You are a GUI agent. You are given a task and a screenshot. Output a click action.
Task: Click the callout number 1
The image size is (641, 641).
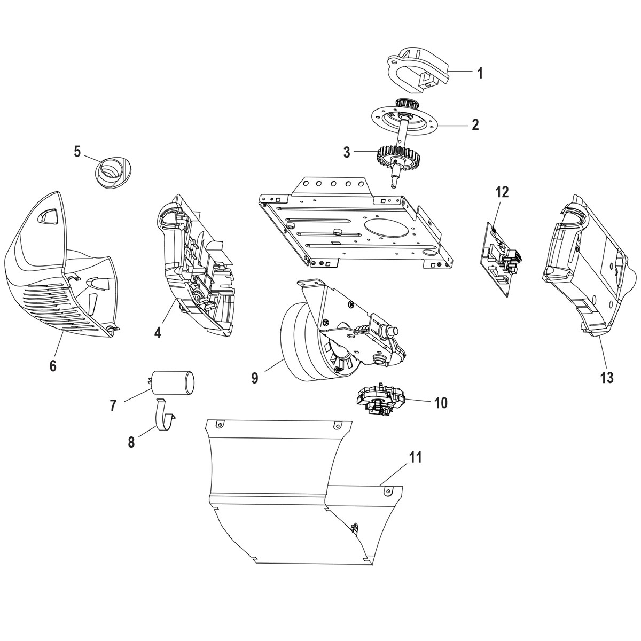tap(480, 73)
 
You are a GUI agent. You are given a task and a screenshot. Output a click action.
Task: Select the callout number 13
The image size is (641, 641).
tap(606, 377)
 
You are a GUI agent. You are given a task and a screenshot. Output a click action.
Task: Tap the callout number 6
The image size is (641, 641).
tap(52, 365)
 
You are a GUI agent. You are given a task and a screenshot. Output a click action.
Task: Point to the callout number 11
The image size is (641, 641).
tap(416, 457)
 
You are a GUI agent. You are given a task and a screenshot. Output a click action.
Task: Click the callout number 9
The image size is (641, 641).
tap(254, 378)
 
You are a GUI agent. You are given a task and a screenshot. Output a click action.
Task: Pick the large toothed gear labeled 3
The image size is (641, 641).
tap(396, 157)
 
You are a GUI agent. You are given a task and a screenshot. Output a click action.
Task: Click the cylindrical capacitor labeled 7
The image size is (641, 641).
tap(172, 383)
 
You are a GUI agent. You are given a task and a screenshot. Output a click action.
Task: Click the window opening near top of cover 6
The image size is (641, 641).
tap(50, 214)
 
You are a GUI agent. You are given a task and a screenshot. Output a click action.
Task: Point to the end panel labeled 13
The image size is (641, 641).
tap(582, 267)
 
